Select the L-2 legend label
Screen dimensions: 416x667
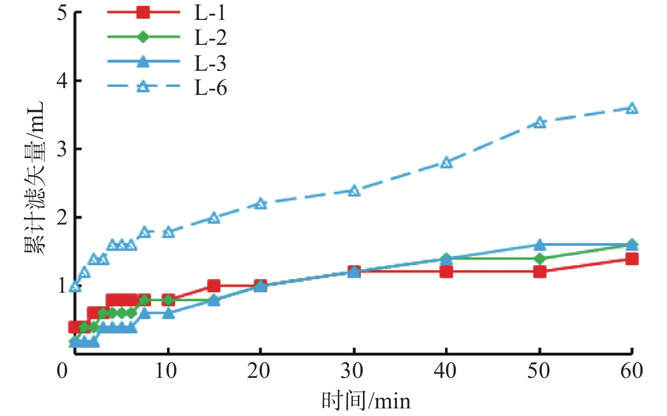click(210, 38)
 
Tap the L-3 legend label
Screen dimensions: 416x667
click(210, 63)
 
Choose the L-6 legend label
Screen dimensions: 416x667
click(210, 88)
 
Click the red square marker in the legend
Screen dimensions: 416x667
click(143, 12)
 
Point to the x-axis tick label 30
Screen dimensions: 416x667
click(352, 371)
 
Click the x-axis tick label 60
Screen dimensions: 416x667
click(631, 371)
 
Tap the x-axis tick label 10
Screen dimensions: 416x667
click(166, 371)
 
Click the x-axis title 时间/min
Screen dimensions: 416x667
click(366, 401)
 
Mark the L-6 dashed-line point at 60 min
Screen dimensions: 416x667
click(632, 108)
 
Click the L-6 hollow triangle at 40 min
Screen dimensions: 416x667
click(446, 163)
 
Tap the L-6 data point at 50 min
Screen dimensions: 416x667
click(540, 123)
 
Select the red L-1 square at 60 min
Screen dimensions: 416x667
click(632, 259)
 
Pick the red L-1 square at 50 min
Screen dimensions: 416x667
click(540, 272)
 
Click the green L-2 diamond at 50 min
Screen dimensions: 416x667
click(540, 258)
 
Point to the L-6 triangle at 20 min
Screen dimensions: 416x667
click(260, 204)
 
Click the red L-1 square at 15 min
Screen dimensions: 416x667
click(214, 286)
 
